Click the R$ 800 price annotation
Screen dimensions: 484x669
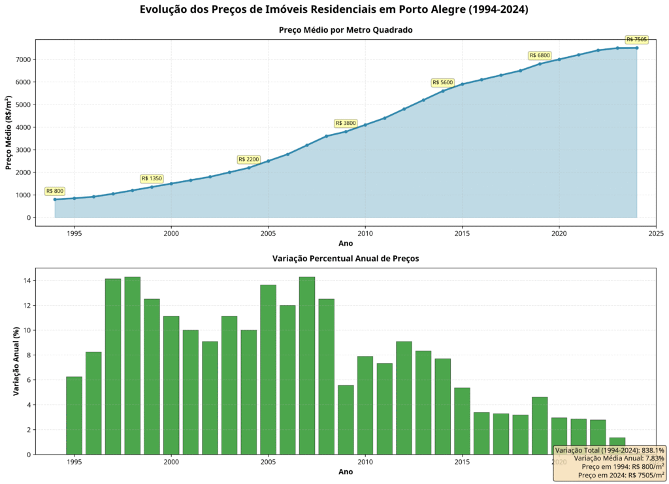click(x=55, y=191)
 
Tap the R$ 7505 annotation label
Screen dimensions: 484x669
click(x=636, y=40)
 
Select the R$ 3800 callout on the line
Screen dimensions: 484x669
click(x=346, y=123)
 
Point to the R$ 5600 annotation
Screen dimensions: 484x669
click(x=442, y=82)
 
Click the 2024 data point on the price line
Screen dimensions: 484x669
click(x=636, y=48)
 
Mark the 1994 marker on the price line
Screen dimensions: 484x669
click(x=55, y=199)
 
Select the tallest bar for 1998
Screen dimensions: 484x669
click(x=132, y=365)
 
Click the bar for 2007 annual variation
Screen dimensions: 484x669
click(x=307, y=365)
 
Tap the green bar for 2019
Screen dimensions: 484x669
click(x=540, y=425)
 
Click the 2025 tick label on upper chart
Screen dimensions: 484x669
click(x=656, y=232)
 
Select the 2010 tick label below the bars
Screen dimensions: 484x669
click(x=365, y=462)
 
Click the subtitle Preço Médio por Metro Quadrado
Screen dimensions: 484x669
click(x=346, y=30)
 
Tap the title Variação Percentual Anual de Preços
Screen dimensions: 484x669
click(x=346, y=259)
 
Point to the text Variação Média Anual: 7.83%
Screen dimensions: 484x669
click(x=619, y=459)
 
